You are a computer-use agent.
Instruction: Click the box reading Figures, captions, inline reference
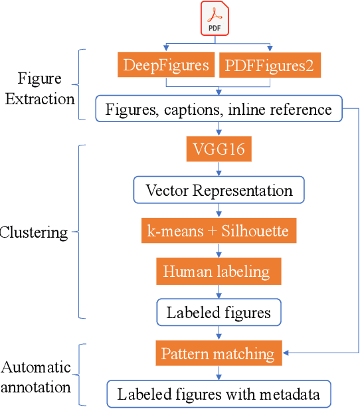pos(219,108)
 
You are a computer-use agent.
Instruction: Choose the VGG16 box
pos(219,149)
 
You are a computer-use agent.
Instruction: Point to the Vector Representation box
pos(219,191)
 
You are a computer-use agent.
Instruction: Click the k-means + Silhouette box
pos(219,231)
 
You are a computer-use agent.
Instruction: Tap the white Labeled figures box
pos(219,312)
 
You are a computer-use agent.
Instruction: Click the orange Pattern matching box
pos(219,353)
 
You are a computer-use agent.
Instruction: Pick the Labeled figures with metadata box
pos(219,394)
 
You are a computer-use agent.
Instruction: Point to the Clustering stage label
pos(35,232)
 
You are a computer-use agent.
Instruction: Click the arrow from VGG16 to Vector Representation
pos(219,169)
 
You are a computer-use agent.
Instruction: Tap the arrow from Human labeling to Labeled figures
pos(219,291)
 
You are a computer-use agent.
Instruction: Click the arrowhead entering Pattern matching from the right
pos(287,352)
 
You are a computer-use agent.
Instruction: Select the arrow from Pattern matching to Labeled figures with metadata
pos(219,373)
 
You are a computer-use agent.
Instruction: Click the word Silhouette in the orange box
pos(256,231)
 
